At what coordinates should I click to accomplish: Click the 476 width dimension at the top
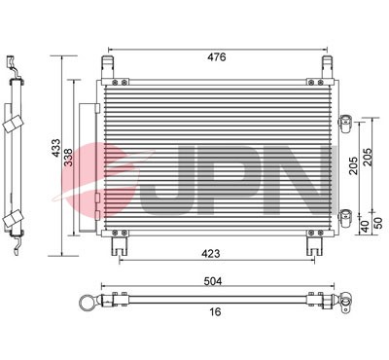216,57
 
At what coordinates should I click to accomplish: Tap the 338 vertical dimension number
69,157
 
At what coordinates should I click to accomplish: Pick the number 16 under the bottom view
216,311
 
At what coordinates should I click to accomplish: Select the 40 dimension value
365,226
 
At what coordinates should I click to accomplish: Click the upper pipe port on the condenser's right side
345,122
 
